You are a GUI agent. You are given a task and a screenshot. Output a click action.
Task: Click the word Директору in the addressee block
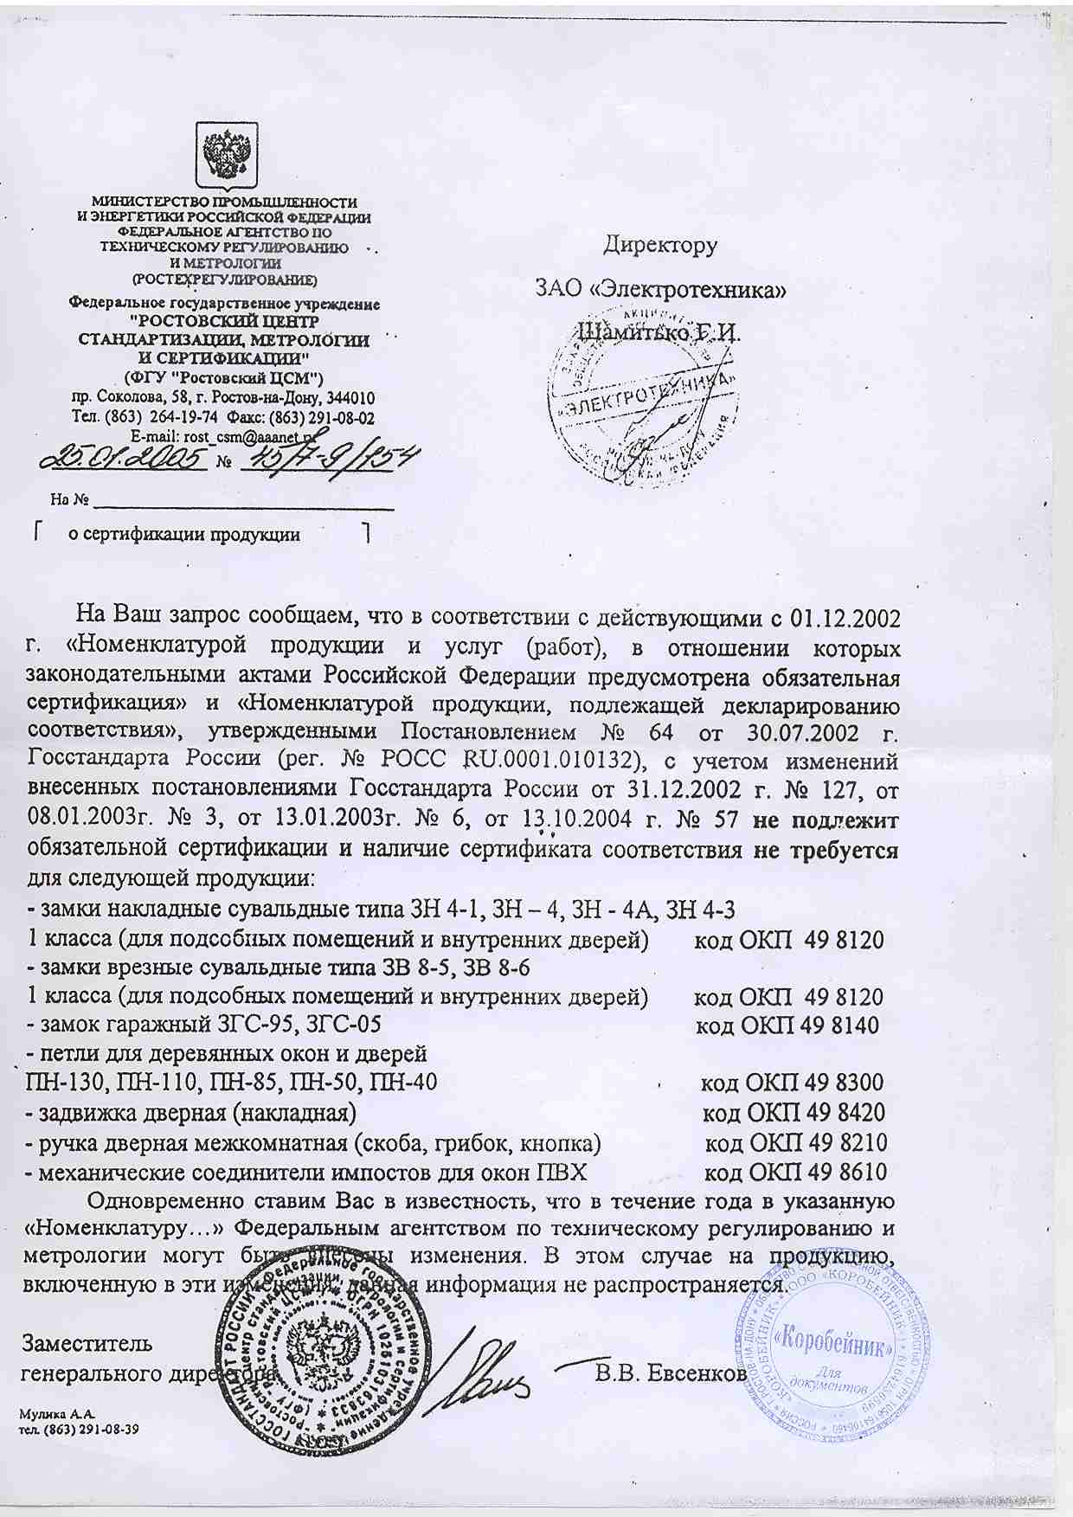pyautogui.click(x=660, y=246)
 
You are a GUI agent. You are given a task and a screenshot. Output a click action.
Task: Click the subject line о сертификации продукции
pyautogui.click(x=184, y=535)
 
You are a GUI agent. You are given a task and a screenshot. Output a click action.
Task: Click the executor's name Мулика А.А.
pyautogui.click(x=56, y=1414)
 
